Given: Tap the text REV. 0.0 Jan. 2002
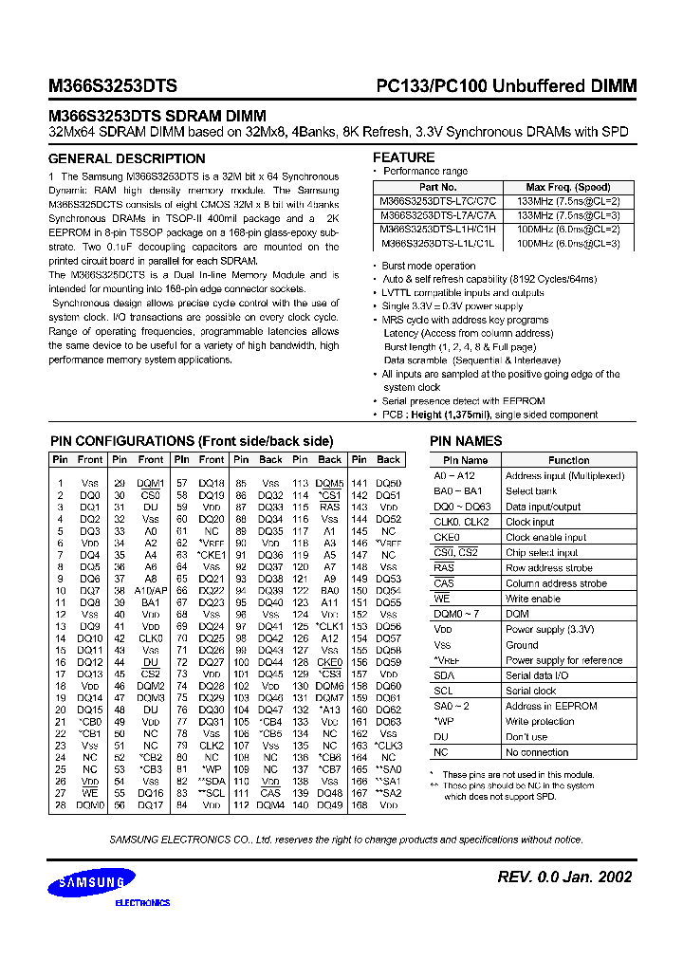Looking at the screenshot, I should [x=564, y=877].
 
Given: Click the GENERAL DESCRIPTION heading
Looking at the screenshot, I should [x=126, y=159].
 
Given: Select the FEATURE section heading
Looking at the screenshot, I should [x=404, y=157].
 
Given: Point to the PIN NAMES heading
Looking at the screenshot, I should [x=466, y=441].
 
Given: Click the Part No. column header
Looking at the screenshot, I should [x=438, y=188].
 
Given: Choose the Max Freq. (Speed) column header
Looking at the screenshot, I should [x=568, y=188].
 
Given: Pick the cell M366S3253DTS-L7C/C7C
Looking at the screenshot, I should [x=438, y=201].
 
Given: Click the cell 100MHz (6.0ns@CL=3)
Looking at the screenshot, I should [x=568, y=244].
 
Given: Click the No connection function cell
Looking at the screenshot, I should [x=538, y=752].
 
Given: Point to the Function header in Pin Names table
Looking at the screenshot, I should [x=568, y=460].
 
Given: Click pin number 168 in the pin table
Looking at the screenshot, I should [x=360, y=805].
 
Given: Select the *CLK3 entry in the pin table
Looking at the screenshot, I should [x=389, y=746].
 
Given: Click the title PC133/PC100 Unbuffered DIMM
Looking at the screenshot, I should [x=500, y=86].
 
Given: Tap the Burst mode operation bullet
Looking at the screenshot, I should [x=429, y=267].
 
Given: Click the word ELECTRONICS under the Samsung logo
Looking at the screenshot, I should [x=142, y=903].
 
